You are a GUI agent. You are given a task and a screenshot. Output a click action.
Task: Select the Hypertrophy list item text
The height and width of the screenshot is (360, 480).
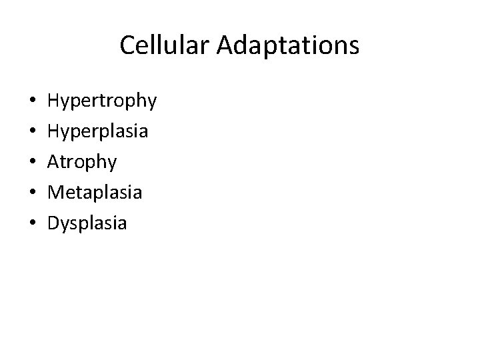102,101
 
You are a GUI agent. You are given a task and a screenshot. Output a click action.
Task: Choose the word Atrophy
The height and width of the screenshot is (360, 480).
82,162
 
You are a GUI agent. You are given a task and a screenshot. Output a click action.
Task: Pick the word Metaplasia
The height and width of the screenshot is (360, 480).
95,192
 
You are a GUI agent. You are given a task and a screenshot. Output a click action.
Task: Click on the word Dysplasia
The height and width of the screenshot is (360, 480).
87,223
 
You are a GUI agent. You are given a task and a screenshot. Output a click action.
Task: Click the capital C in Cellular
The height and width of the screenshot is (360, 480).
127,46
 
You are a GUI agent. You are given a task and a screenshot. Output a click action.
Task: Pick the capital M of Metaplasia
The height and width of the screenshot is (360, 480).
55,192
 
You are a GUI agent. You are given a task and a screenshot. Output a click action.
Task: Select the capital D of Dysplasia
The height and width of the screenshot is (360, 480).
53,223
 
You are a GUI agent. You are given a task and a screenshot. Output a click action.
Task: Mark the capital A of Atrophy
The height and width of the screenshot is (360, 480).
53,162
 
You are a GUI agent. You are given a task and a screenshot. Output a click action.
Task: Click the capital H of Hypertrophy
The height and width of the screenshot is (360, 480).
53,101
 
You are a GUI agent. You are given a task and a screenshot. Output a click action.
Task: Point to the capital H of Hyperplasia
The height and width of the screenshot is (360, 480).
53,131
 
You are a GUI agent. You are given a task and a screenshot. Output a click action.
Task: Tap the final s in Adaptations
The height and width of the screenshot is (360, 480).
354,47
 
